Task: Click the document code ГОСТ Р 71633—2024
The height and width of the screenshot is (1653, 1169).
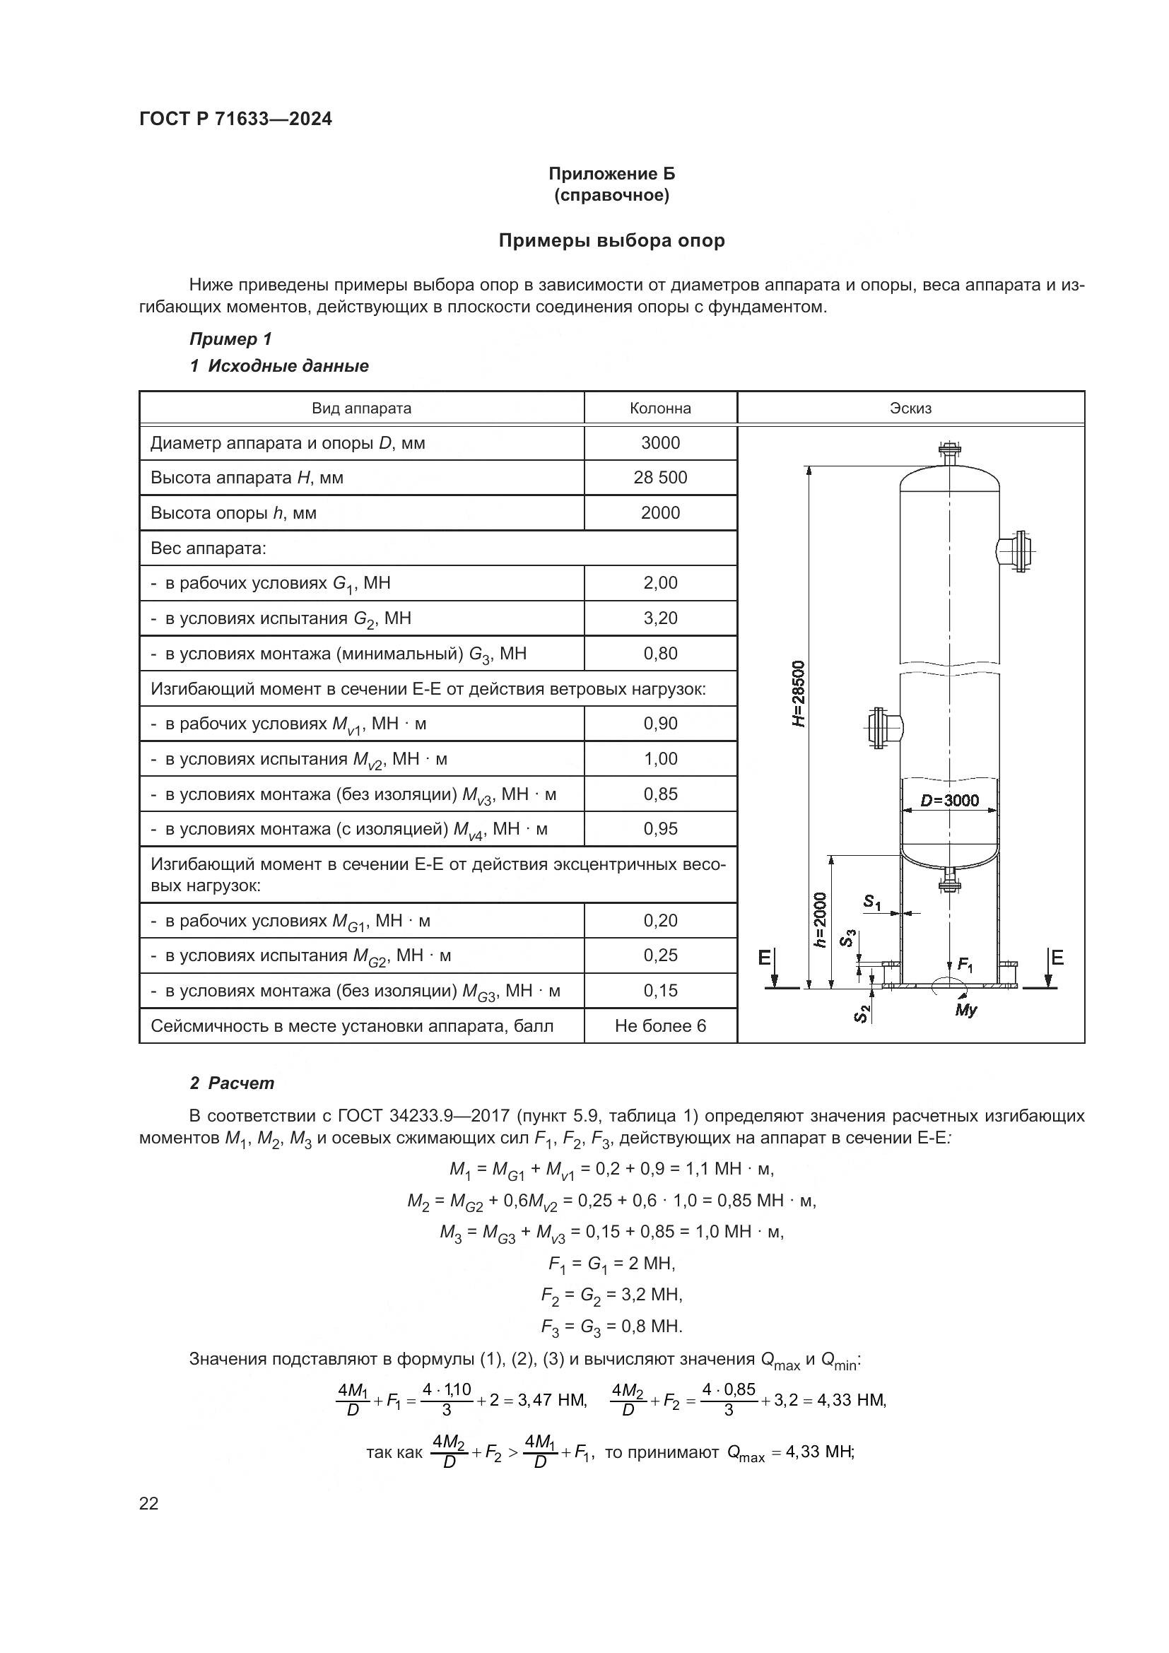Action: pos(235,119)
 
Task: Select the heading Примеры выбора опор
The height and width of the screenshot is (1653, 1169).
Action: pos(611,240)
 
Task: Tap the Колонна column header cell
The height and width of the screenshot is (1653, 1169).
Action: pos(660,408)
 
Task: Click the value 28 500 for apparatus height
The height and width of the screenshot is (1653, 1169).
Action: pos(660,477)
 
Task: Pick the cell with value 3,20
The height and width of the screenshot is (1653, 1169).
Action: pos(660,618)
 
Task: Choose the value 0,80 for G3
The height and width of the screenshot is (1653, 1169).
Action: pos(660,654)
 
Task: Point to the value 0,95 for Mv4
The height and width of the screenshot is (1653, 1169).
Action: pos(660,830)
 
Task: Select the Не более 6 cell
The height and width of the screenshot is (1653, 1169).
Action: pos(660,1026)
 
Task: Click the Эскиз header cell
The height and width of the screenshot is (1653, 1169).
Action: pos(910,408)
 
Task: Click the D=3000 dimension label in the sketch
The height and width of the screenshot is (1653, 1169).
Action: pos(949,801)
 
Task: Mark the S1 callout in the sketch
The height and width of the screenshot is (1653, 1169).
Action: pos(871,901)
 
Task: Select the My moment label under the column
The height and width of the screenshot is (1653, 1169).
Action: pos(965,1010)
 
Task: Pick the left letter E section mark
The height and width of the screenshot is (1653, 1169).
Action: pos(765,958)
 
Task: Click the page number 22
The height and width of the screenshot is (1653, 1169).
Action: pos(149,1503)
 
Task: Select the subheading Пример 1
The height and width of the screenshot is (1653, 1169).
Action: pos(230,339)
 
